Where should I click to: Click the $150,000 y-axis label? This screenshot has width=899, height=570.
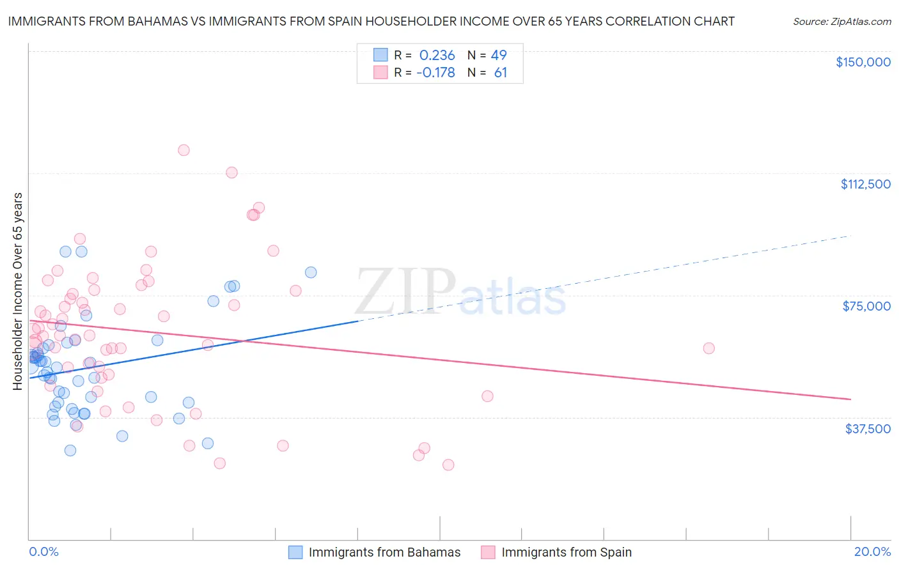tap(863, 62)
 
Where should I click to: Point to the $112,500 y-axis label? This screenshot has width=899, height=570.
tap(865, 184)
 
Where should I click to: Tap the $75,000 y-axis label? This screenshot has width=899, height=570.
tap(866, 306)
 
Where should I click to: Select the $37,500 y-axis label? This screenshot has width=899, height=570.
tap(867, 429)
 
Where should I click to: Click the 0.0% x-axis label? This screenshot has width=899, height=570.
tap(43, 551)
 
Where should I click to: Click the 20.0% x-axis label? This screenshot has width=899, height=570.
tap(872, 551)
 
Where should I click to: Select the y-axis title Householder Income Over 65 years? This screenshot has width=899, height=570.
tap(18, 291)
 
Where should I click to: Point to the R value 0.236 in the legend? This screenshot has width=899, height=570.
tap(437, 55)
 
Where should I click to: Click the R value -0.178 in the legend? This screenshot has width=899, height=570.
tap(435, 73)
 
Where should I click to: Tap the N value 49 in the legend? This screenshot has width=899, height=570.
tap(499, 55)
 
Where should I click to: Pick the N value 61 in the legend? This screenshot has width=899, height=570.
tap(501, 73)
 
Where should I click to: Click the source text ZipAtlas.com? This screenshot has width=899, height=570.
tap(841, 21)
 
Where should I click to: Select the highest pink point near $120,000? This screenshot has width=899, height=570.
tap(184, 150)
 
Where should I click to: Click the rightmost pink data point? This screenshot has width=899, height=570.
tap(708, 348)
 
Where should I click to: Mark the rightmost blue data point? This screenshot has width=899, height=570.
tap(311, 272)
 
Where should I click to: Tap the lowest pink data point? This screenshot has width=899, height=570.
tap(448, 465)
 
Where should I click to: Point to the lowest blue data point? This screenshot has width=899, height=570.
tap(70, 451)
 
